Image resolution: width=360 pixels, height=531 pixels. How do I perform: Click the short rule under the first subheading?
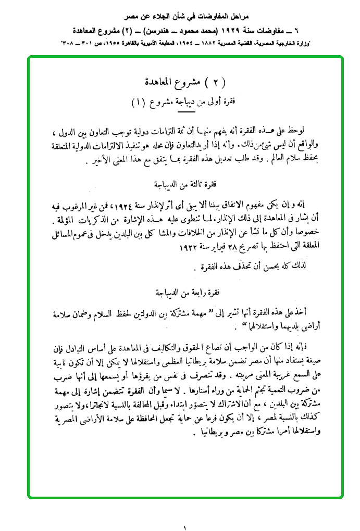pyautogui.click(x=185, y=110)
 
